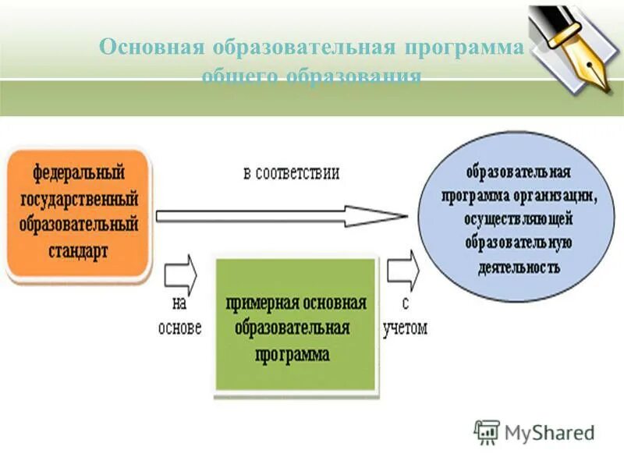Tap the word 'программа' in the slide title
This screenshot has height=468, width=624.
point(463,48)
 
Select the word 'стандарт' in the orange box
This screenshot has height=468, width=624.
point(76,251)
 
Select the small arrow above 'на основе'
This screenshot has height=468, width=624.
point(181,274)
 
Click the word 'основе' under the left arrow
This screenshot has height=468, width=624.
point(179,328)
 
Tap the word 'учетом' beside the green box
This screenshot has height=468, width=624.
point(405,328)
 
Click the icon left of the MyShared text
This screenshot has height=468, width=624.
point(487,431)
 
